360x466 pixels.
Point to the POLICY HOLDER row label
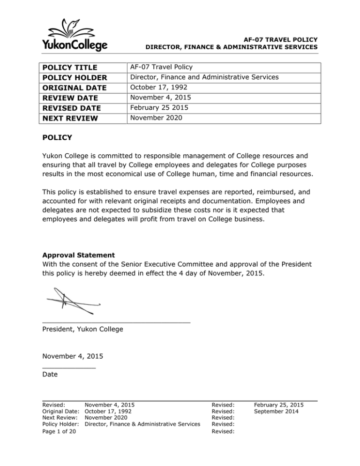coord(73,78)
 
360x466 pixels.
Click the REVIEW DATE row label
coord(68,98)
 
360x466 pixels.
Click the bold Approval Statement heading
coord(77,256)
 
